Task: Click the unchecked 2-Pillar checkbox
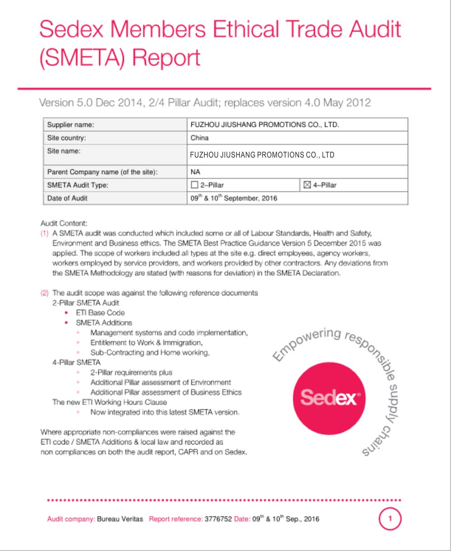[195, 185]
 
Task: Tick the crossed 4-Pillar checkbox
[307, 185]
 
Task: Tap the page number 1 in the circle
[390, 519]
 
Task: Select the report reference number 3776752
[218, 519]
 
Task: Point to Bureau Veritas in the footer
[120, 519]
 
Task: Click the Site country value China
[199, 138]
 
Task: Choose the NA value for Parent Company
[195, 172]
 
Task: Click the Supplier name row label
[70, 125]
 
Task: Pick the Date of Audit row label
[67, 198]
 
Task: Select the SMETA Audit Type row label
[78, 185]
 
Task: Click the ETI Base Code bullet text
[100, 313]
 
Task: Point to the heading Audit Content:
[64, 223]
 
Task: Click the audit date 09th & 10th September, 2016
[234, 198]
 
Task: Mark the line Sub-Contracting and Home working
[150, 352]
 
